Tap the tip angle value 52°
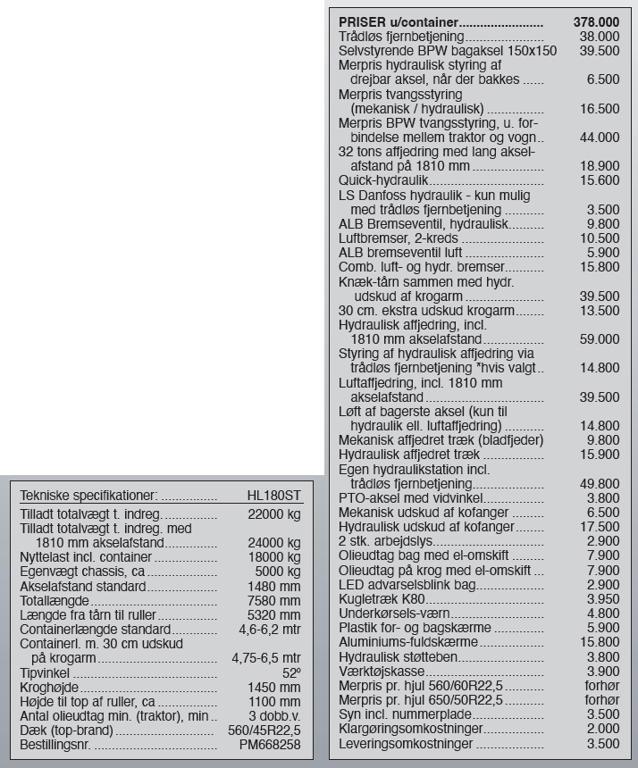click(292, 672)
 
